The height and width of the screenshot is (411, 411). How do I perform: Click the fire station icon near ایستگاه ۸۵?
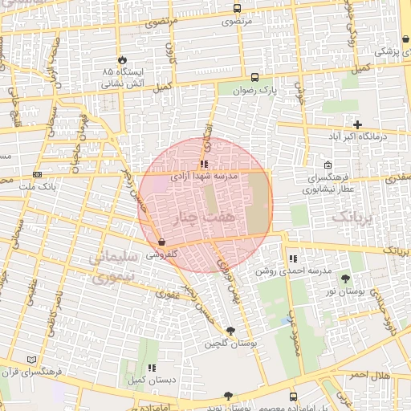[x=122, y=60]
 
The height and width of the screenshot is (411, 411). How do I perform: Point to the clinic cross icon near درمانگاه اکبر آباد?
[x=357, y=124]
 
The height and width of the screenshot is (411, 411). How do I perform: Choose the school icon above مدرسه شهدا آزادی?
[x=204, y=164]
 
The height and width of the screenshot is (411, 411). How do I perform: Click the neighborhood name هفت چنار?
[x=205, y=218]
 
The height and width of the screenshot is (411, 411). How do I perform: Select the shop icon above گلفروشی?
[x=162, y=241]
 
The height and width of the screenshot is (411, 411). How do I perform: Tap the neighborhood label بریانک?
[x=352, y=217]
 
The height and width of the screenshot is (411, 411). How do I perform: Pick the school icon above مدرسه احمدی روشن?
[x=293, y=258]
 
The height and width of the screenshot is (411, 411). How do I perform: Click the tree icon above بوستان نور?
[x=345, y=279]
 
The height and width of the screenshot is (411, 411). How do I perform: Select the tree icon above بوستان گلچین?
[x=231, y=331]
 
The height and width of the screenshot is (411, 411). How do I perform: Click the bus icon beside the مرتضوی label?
[x=236, y=8]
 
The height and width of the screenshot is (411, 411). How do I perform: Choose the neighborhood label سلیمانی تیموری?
[x=112, y=267]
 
